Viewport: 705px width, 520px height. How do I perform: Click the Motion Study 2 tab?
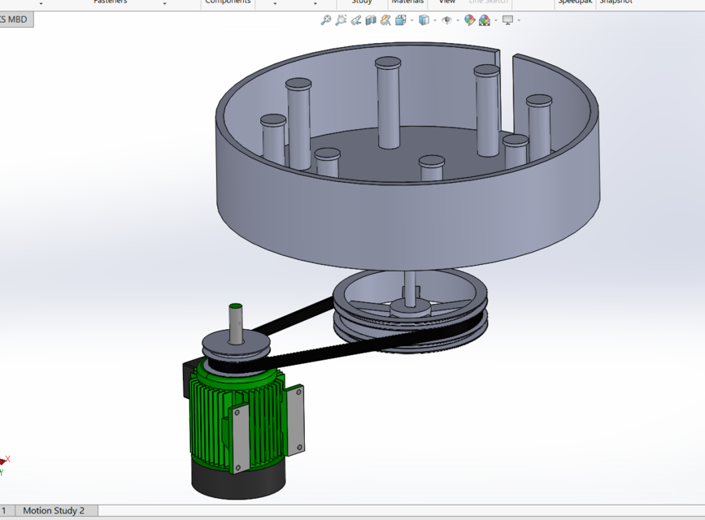pyautogui.click(x=53, y=510)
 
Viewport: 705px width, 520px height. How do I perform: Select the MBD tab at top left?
pyautogui.click(x=16, y=19)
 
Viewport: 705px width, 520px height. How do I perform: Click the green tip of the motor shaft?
pyautogui.click(x=235, y=307)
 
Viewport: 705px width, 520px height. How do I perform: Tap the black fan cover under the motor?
pyautogui.click(x=236, y=479)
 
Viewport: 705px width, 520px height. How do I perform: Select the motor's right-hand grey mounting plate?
pyautogui.click(x=296, y=418)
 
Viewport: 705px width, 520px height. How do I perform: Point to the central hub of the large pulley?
pyautogui.click(x=410, y=306)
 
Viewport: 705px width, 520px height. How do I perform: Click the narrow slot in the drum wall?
pyautogui.click(x=505, y=59)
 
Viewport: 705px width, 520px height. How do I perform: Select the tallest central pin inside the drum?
pyautogui.click(x=388, y=102)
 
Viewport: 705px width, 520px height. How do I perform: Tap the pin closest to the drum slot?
pyautogui.click(x=486, y=110)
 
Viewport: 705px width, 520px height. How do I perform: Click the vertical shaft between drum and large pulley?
pyautogui.click(x=410, y=284)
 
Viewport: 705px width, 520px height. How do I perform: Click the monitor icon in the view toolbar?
pyautogui.click(x=507, y=19)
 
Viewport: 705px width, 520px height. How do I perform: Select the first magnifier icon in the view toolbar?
pyautogui.click(x=325, y=19)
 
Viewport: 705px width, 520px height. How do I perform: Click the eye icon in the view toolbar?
pyautogui.click(x=446, y=19)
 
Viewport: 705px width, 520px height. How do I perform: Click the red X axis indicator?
pyautogui.click(x=7, y=460)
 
